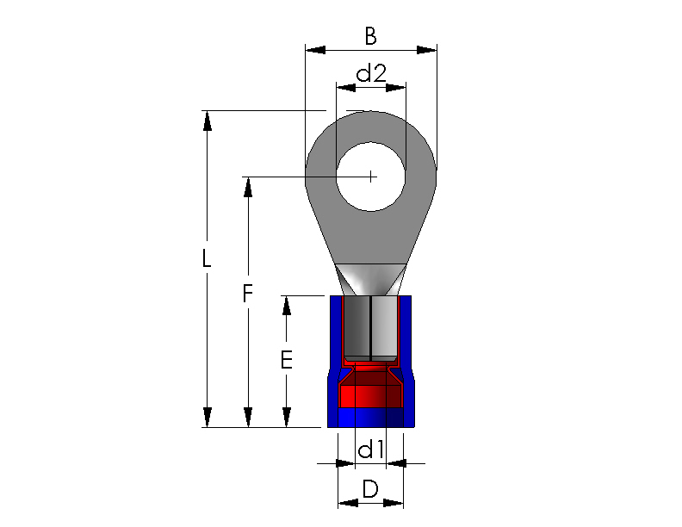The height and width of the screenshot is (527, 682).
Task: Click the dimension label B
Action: (x=370, y=36)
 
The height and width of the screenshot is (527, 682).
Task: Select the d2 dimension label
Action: (x=371, y=73)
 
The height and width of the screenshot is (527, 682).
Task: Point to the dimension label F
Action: (x=247, y=293)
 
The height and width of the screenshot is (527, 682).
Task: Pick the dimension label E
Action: (x=286, y=360)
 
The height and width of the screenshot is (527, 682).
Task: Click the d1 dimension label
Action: (x=370, y=449)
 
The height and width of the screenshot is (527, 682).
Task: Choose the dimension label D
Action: (x=370, y=489)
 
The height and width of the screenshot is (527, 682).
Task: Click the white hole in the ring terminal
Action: (x=371, y=177)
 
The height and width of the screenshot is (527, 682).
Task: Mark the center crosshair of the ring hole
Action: (x=370, y=177)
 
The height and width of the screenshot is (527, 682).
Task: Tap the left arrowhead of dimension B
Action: (x=315, y=50)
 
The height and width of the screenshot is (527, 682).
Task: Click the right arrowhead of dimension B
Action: (x=427, y=50)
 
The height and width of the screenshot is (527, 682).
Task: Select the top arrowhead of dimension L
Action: (x=207, y=121)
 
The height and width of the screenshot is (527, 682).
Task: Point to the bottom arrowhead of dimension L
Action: (x=207, y=418)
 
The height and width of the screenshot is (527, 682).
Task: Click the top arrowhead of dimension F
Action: (x=248, y=187)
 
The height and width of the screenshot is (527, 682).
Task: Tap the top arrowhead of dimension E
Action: (x=286, y=306)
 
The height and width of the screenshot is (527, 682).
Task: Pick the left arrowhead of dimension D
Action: (x=348, y=503)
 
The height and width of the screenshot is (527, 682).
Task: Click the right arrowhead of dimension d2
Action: (x=396, y=88)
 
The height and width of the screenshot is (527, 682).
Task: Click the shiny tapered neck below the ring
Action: (x=371, y=280)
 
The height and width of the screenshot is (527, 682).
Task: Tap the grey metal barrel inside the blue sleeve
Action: (x=370, y=329)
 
